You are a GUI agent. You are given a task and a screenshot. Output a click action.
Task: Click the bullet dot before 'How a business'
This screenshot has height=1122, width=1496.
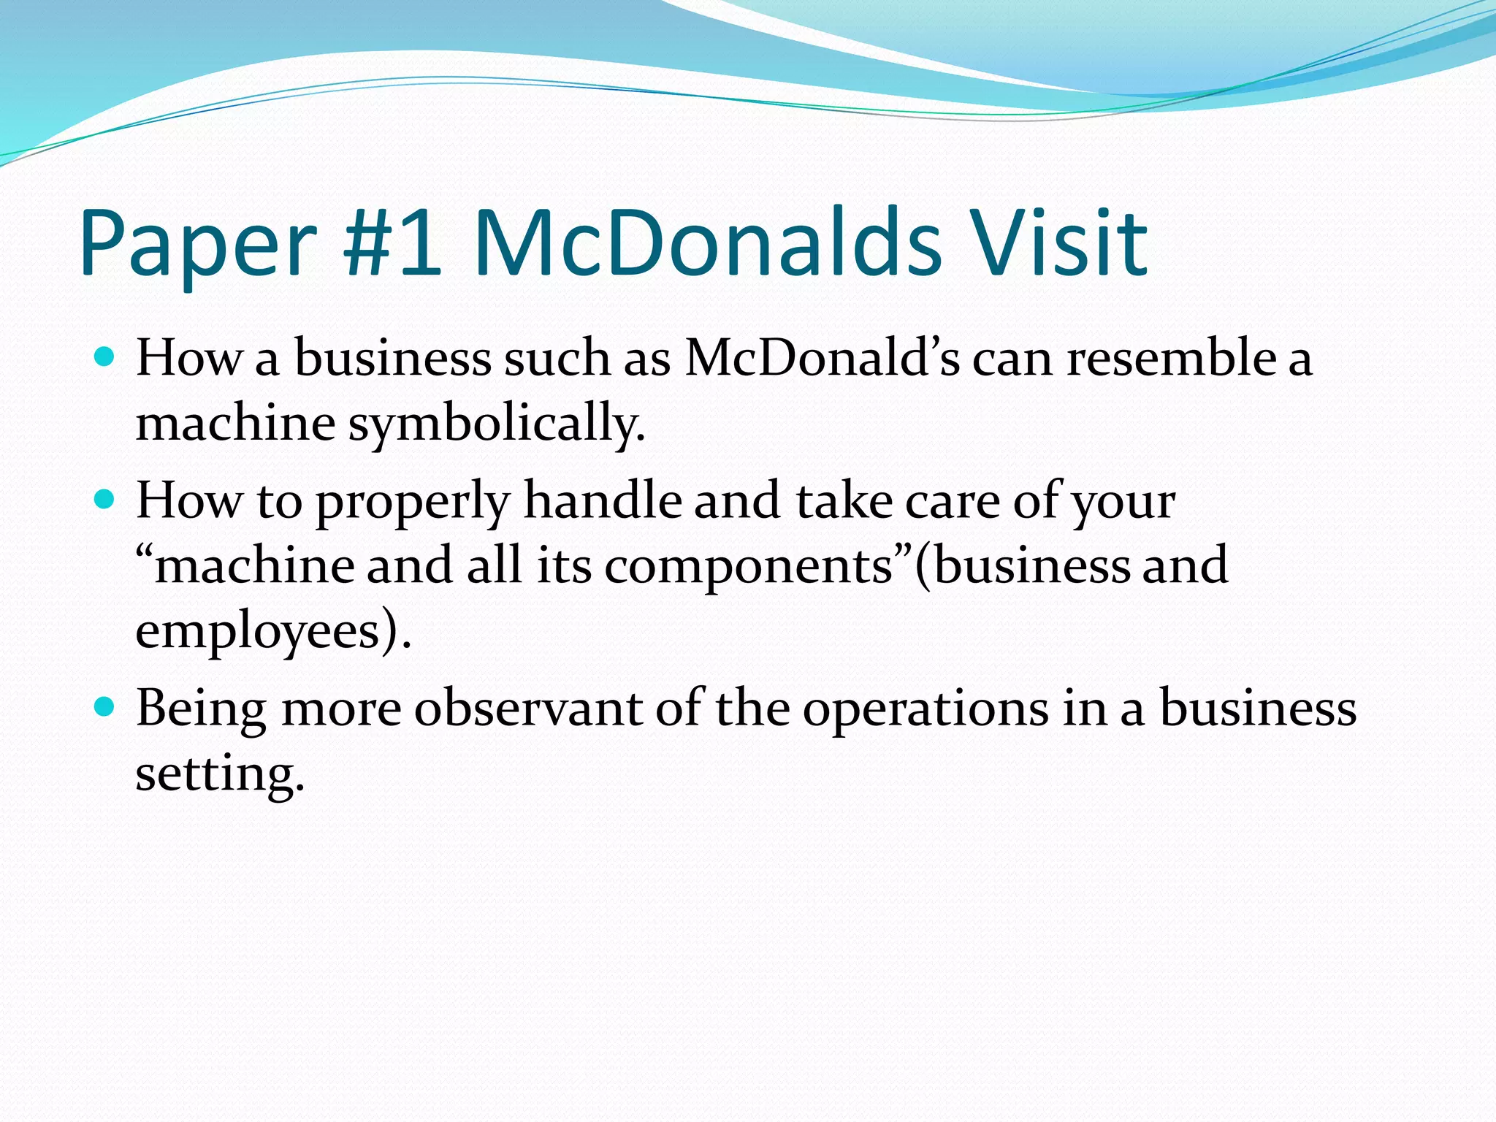click(x=105, y=357)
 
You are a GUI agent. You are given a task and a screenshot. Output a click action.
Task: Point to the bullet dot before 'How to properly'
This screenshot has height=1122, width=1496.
click(x=105, y=500)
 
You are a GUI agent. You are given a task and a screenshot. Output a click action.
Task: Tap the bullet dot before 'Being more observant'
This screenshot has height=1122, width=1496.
click(x=105, y=706)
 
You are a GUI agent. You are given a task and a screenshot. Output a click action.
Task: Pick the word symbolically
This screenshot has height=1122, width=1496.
click(x=496, y=424)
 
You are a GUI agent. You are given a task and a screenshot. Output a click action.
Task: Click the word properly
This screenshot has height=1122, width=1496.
click(x=413, y=503)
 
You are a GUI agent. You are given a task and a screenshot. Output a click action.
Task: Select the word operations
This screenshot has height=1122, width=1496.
click(x=926, y=710)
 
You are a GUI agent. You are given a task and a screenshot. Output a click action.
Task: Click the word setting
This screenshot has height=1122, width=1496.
click(x=218, y=774)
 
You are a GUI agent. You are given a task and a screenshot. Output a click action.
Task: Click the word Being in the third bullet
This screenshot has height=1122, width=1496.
click(x=202, y=710)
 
